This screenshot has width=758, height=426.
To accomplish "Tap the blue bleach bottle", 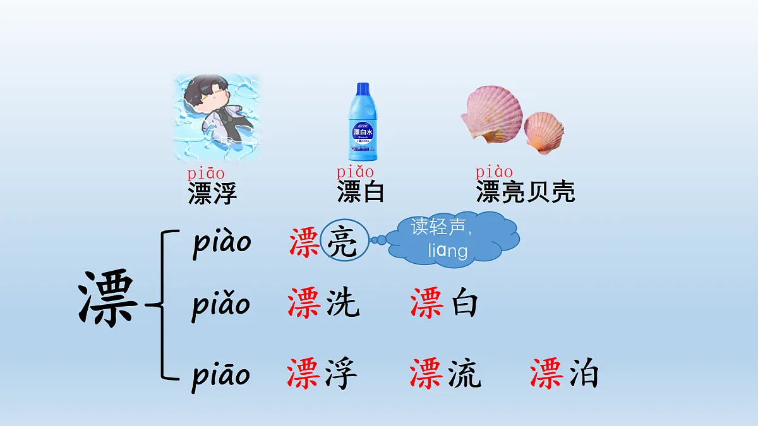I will pyautogui.click(x=361, y=123).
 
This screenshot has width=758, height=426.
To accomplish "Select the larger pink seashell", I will pyautogui.click(x=494, y=115).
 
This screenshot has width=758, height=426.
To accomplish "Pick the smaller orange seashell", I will pyautogui.click(x=544, y=133).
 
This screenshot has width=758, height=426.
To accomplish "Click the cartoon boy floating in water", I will pyautogui.click(x=217, y=116).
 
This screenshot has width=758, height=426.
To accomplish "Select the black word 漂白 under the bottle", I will pyautogui.click(x=361, y=192).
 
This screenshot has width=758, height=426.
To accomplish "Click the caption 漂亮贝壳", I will pyautogui.click(x=526, y=192).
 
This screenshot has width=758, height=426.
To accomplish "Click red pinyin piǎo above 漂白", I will pyautogui.click(x=355, y=172).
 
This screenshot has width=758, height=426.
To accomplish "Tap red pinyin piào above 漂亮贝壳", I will pyautogui.click(x=494, y=172).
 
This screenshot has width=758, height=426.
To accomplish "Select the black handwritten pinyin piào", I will pyautogui.click(x=222, y=242).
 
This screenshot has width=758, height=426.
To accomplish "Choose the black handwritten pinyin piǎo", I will pyautogui.click(x=221, y=305).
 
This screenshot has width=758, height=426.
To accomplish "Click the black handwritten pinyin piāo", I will pyautogui.click(x=221, y=375).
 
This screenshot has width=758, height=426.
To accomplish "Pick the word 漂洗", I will pyautogui.click(x=323, y=304).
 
